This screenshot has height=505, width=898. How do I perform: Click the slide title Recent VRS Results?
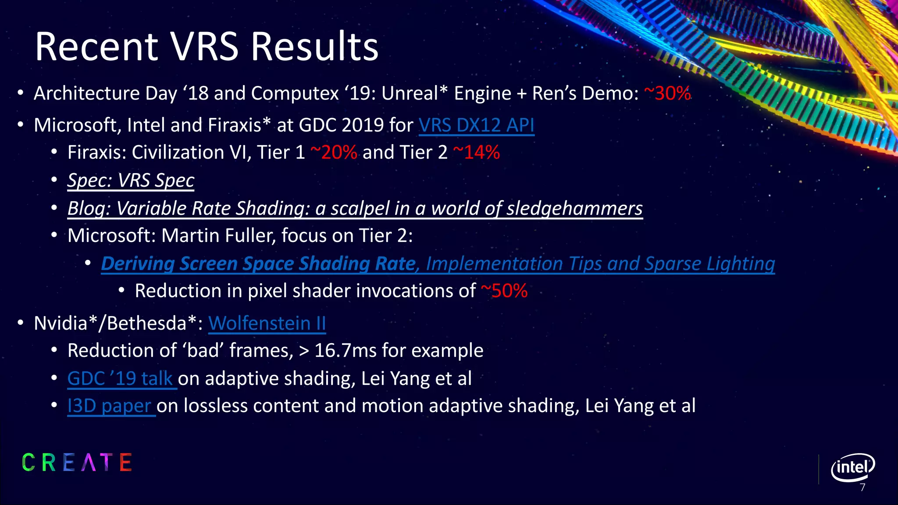[x=207, y=46]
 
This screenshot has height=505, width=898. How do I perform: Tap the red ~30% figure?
[x=667, y=93]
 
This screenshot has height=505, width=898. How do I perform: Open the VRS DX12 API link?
[x=476, y=125]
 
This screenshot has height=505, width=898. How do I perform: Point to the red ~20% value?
[x=334, y=153]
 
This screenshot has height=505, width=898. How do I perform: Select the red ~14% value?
[x=476, y=153]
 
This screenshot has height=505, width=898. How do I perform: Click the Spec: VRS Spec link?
[x=131, y=181]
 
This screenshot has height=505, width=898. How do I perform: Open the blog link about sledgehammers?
[x=355, y=209]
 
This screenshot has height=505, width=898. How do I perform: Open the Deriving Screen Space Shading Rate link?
[x=259, y=264]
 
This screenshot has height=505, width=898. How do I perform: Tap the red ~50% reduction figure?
[x=504, y=291]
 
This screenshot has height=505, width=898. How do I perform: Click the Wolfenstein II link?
[x=267, y=324]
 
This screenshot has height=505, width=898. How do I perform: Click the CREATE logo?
[x=77, y=462]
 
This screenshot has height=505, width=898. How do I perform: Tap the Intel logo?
[x=852, y=467]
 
